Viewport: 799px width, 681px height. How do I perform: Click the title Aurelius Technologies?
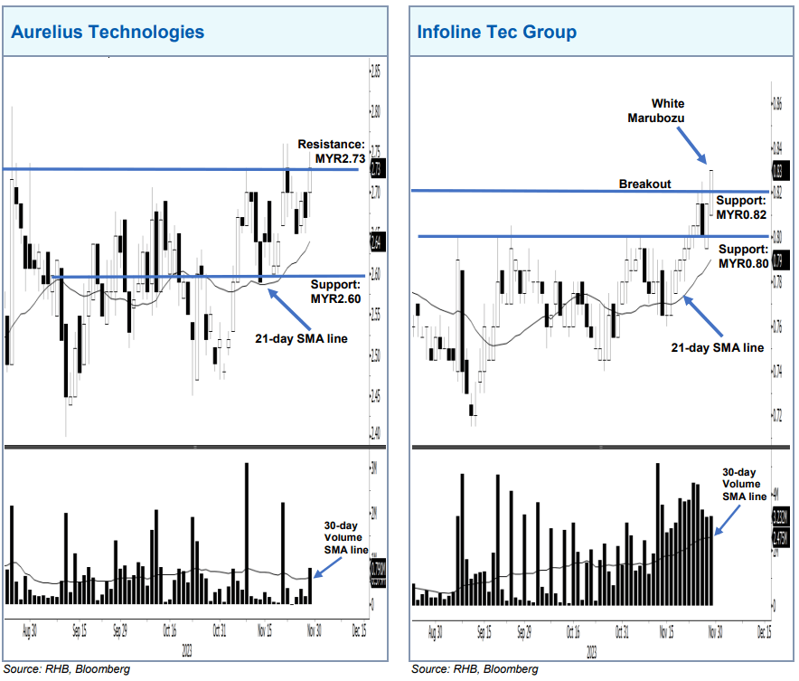[108, 33]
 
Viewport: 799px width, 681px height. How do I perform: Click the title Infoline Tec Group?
[497, 33]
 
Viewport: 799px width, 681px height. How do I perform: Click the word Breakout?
[644, 184]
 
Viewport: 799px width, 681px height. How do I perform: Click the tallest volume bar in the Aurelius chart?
[246, 534]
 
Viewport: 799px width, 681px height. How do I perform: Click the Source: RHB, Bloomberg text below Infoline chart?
[475, 669]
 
